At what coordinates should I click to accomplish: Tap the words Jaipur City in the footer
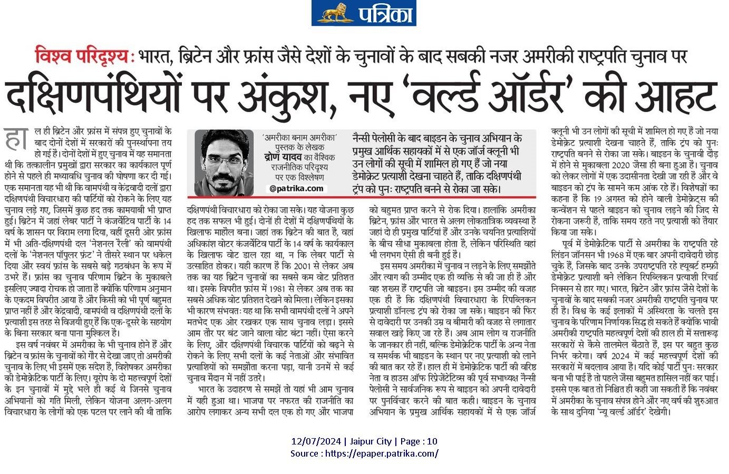pyautogui.click(x=370, y=441)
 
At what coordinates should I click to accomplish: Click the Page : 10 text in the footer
pyautogui.click(x=418, y=441)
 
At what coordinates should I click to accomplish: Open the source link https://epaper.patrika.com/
pyautogui.click(x=382, y=453)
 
